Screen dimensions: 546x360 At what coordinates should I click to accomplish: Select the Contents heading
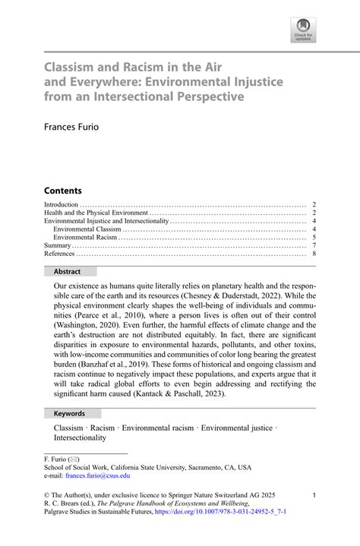62,190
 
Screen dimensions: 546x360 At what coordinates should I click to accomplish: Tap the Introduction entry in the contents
62,204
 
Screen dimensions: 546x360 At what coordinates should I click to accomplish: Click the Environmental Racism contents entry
86,237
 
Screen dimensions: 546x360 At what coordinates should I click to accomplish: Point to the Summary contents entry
58,245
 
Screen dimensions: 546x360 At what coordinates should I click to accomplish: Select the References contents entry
60,254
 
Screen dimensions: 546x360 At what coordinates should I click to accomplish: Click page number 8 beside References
314,254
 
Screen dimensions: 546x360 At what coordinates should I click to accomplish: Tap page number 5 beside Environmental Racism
314,237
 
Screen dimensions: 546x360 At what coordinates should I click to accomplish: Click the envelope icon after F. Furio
74,459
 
